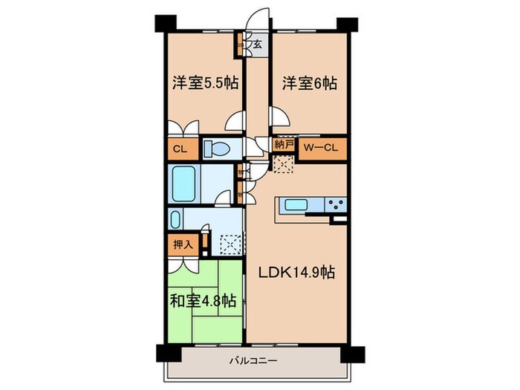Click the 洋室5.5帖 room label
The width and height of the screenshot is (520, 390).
coord(206,84)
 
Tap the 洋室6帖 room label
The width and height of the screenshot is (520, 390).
coord(309,84)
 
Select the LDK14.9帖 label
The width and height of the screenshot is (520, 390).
coord(296,272)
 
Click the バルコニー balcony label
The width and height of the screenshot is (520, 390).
coord(253,361)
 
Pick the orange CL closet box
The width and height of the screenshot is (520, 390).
coord(180,147)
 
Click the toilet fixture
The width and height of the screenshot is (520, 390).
coord(219,147)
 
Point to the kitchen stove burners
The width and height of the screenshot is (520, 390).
coord(335,204)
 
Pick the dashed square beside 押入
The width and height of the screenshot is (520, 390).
coord(231,243)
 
